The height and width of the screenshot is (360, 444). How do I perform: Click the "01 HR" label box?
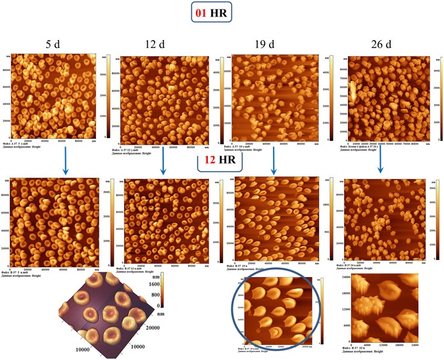click(222, 14)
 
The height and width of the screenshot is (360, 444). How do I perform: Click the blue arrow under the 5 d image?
click(65, 161)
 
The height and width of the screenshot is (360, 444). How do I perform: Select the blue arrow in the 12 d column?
click(162, 161)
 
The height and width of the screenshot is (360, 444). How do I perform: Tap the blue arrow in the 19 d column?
click(274, 161)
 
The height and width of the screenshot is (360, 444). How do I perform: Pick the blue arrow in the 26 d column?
click(381, 161)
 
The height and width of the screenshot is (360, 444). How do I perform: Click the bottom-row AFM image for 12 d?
click(162, 217)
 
